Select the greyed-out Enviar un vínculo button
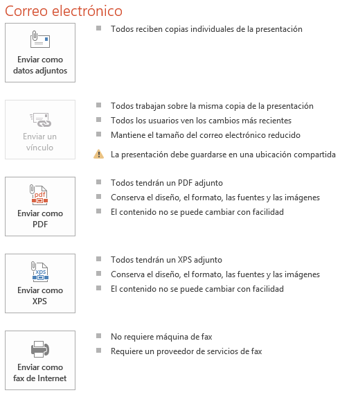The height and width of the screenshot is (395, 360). click(39, 130)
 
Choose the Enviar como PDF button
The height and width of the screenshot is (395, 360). click(39, 207)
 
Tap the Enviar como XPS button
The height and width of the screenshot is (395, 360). click(39, 283)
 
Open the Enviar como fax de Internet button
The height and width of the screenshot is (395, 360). click(39, 360)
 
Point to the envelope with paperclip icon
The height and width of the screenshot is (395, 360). click(39, 39)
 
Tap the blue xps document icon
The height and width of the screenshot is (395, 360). click(39, 271)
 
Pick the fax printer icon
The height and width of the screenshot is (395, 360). click(39, 349)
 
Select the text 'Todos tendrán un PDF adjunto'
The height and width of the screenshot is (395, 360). click(166, 183)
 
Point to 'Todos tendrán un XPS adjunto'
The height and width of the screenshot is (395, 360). click(166, 260)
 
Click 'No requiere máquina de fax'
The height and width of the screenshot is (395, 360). click(161, 337)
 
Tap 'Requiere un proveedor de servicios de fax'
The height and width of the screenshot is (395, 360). click(186, 351)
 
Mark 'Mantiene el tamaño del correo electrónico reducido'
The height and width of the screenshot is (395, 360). click(205, 134)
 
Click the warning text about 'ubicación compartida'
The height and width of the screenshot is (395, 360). click(223, 155)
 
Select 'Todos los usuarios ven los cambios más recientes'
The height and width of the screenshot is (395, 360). click(201, 121)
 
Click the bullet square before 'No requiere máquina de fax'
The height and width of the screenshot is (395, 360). click(99, 336)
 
